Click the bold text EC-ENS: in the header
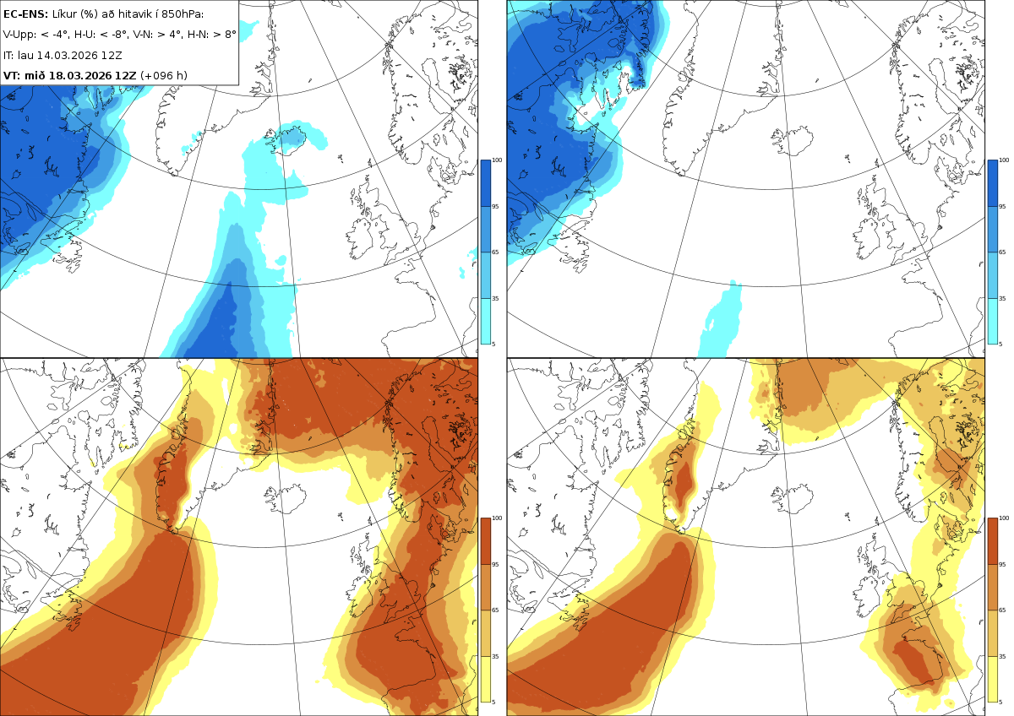point(25,14)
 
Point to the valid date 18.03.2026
point(80,75)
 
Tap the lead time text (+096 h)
point(163,75)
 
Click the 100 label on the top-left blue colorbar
point(497,160)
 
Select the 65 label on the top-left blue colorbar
point(495,252)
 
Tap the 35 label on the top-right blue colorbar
point(1002,299)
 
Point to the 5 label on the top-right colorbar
point(1000,344)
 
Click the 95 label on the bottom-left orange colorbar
point(495,565)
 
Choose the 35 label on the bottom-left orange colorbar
point(495,656)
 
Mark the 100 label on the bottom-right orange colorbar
point(1004,518)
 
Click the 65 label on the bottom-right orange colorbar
point(1002,610)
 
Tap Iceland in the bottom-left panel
point(286,499)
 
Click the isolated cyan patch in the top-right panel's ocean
point(720,319)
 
